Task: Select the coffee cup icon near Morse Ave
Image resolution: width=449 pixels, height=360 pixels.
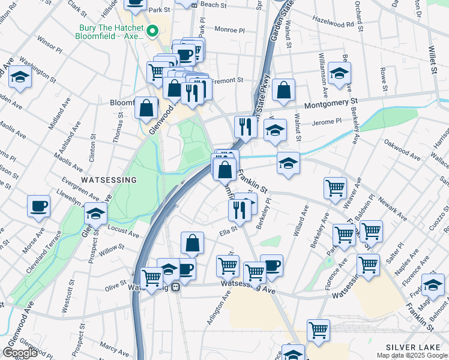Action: pyautogui.click(x=38, y=206)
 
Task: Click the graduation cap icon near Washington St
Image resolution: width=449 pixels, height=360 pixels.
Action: pyautogui.click(x=20, y=77)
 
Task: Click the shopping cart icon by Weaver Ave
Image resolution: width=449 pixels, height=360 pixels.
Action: pyautogui.click(x=335, y=187)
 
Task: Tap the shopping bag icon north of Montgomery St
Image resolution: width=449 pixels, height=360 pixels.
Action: pyautogui.click(x=283, y=91)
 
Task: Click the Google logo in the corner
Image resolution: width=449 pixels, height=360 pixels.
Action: pyautogui.click(x=20, y=353)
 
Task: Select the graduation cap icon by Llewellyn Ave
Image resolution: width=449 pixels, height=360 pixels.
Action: pyautogui.click(x=95, y=213)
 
